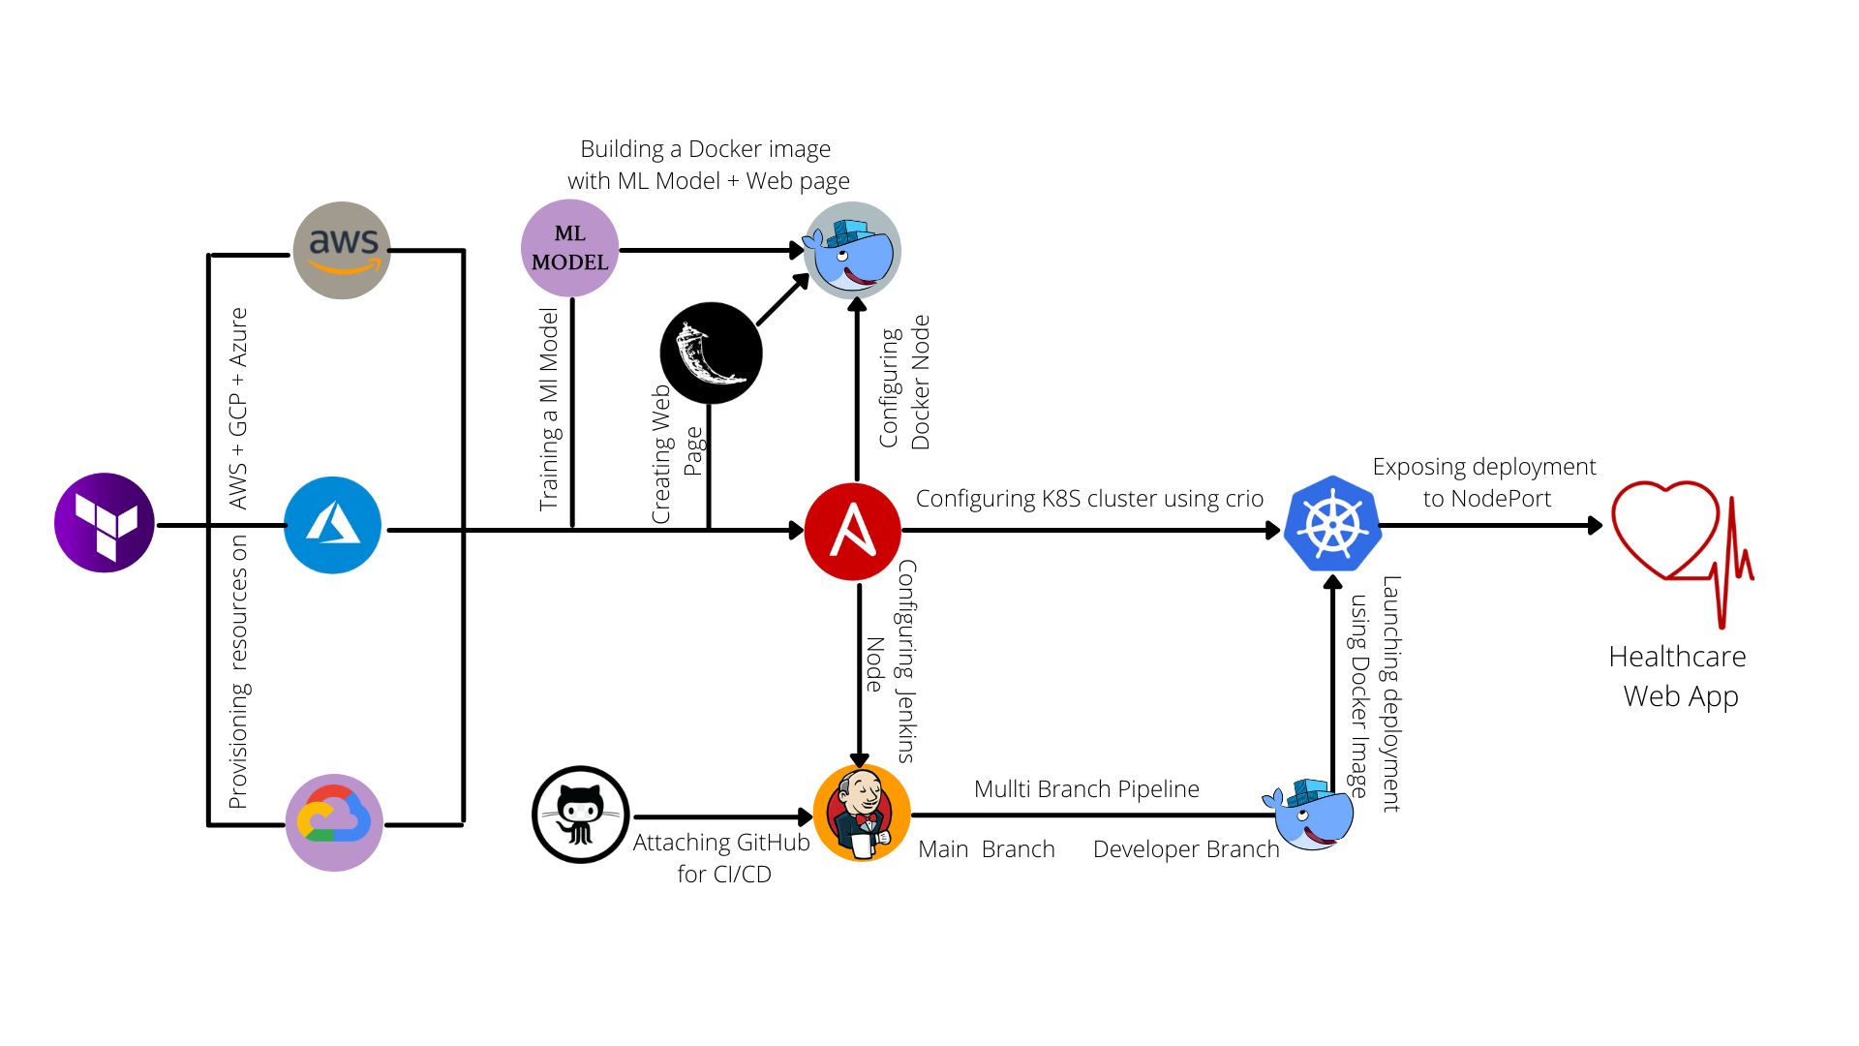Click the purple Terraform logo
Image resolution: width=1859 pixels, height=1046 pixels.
tap(105, 523)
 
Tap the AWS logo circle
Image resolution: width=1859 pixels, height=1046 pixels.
tap(342, 250)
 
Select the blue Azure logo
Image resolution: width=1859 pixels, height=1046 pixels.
tap(333, 525)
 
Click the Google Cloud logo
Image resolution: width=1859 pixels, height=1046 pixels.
tap(334, 822)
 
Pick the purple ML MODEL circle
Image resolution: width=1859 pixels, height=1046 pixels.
tap(569, 248)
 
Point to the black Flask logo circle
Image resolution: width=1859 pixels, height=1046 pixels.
tap(711, 353)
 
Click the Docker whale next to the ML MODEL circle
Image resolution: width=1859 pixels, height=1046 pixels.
tap(852, 250)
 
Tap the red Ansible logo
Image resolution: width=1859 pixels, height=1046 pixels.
tap(852, 531)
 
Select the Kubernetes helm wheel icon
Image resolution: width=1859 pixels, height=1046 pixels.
tap(1332, 524)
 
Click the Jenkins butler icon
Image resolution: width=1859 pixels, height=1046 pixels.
tap(861, 814)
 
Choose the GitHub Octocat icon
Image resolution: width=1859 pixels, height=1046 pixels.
tap(581, 815)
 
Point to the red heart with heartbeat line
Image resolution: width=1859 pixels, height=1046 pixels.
tap(1680, 542)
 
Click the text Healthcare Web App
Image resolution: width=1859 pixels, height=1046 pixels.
tap(1679, 676)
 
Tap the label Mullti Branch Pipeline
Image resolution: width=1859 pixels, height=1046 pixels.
tap(1086, 789)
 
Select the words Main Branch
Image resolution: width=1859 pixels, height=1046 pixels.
tap(986, 849)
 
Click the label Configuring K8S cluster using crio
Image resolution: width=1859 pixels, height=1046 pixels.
tap(1089, 499)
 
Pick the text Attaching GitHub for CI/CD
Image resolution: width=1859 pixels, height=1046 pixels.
tap(722, 858)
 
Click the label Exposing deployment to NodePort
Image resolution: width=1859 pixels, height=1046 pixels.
tap(1484, 482)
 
